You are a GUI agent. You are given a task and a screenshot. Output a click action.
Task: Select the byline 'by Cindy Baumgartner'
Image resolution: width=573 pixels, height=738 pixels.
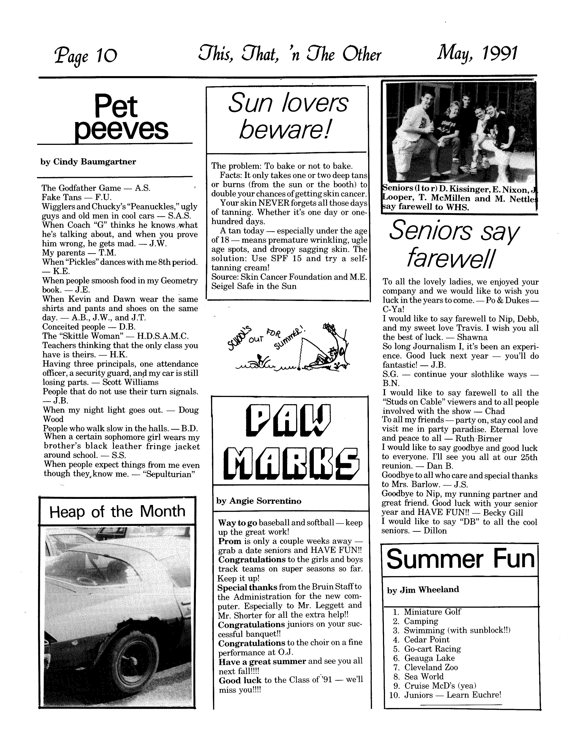coord(88,162)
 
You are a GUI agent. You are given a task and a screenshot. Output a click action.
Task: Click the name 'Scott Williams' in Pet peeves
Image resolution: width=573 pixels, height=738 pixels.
coord(130,382)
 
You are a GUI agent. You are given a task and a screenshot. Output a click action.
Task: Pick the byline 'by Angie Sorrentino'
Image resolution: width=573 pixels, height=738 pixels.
coord(259,501)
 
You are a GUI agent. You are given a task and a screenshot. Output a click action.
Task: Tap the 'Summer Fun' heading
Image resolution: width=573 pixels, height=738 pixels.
coord(460,559)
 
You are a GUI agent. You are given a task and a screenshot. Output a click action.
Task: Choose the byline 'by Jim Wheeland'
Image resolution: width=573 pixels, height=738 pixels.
coord(423,590)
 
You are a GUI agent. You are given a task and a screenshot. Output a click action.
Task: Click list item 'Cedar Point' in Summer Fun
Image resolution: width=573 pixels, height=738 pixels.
coord(426,640)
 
